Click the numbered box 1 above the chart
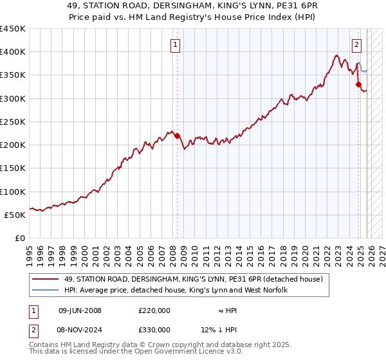point(176,44)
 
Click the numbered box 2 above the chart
point(356,44)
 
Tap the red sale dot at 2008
point(177,136)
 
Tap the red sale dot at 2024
point(358,84)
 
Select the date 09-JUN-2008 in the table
point(80,310)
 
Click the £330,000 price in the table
point(154,331)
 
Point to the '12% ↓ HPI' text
point(218,331)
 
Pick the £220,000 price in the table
point(154,310)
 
